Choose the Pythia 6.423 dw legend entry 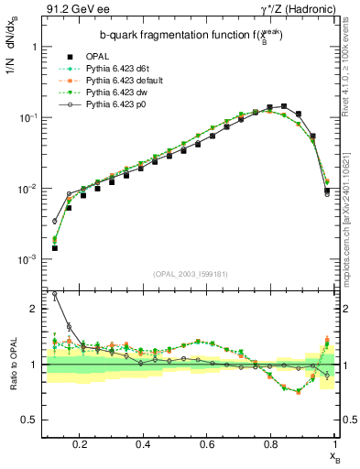(x=118, y=93)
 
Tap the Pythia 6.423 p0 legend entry (x=118, y=105)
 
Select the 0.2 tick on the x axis (x=81, y=444)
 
